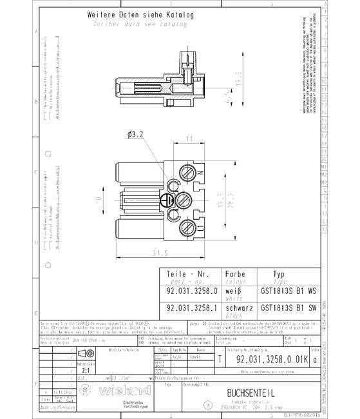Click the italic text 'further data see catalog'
(x=140, y=24)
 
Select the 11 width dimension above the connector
(x=189, y=139)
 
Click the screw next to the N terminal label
(x=189, y=172)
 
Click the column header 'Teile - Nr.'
(x=188, y=273)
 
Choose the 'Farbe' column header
(x=234, y=273)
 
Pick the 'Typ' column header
(x=279, y=273)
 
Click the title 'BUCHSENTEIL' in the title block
(x=252, y=393)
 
